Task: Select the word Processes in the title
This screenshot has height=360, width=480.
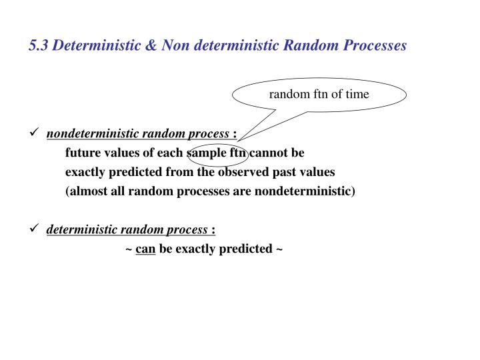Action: [x=372, y=46]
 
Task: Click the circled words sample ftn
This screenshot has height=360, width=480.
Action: [x=217, y=153]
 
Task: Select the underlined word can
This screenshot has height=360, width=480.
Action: [x=145, y=249]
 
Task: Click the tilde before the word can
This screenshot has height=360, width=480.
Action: [x=128, y=249]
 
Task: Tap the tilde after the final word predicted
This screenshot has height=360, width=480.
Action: [x=279, y=249]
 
